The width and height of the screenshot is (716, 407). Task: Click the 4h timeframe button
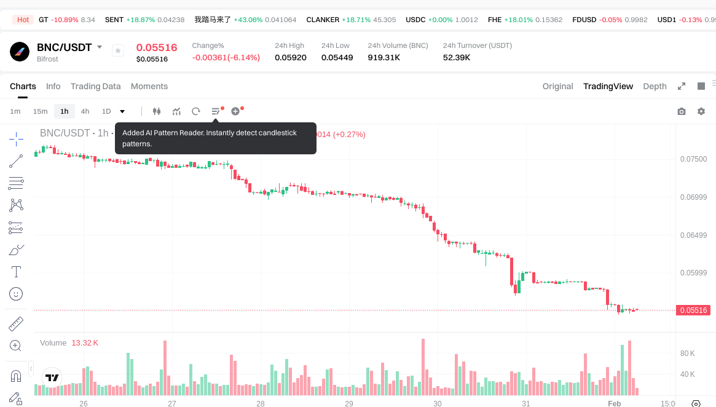(x=85, y=111)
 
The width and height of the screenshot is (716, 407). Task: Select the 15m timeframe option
(x=40, y=111)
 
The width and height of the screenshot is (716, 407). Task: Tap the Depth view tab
(x=655, y=86)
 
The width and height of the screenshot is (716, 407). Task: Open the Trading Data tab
(x=95, y=86)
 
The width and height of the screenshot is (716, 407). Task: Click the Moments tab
(x=149, y=86)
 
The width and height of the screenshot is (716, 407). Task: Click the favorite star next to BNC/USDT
(x=118, y=50)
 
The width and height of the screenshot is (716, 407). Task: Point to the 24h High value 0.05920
(x=290, y=57)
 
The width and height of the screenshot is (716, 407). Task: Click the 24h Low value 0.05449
(x=337, y=57)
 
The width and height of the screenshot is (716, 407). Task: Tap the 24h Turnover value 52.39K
(x=457, y=57)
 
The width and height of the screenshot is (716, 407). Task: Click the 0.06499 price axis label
(x=693, y=235)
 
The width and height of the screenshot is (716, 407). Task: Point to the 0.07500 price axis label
(x=693, y=159)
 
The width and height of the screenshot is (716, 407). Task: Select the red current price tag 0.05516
(x=694, y=310)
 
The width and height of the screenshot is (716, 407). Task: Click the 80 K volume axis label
(x=688, y=354)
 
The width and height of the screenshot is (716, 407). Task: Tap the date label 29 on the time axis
(x=349, y=404)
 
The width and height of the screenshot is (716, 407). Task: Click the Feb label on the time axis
(x=614, y=404)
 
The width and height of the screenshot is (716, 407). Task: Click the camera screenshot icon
(x=682, y=111)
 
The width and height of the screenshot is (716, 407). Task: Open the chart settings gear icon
(x=701, y=111)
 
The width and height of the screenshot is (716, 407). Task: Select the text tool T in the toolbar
(x=16, y=271)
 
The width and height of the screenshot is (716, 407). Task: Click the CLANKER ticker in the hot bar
(x=323, y=20)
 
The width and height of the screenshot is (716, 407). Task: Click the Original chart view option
(x=557, y=86)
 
